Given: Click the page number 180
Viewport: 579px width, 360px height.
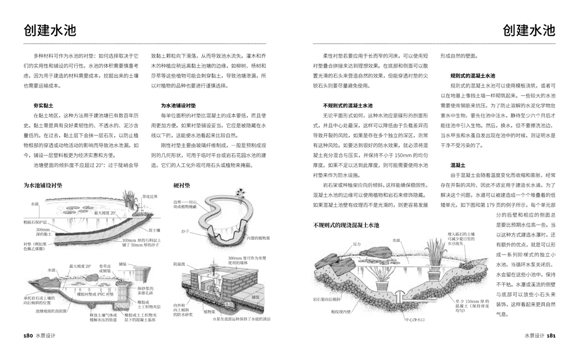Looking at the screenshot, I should [x=28, y=335].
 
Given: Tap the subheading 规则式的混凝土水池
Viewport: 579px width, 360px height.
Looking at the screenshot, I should [x=473, y=76].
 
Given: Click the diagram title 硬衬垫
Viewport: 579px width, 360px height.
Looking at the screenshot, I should [x=181, y=185].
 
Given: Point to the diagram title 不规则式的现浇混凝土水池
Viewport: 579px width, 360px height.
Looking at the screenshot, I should [x=346, y=225].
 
